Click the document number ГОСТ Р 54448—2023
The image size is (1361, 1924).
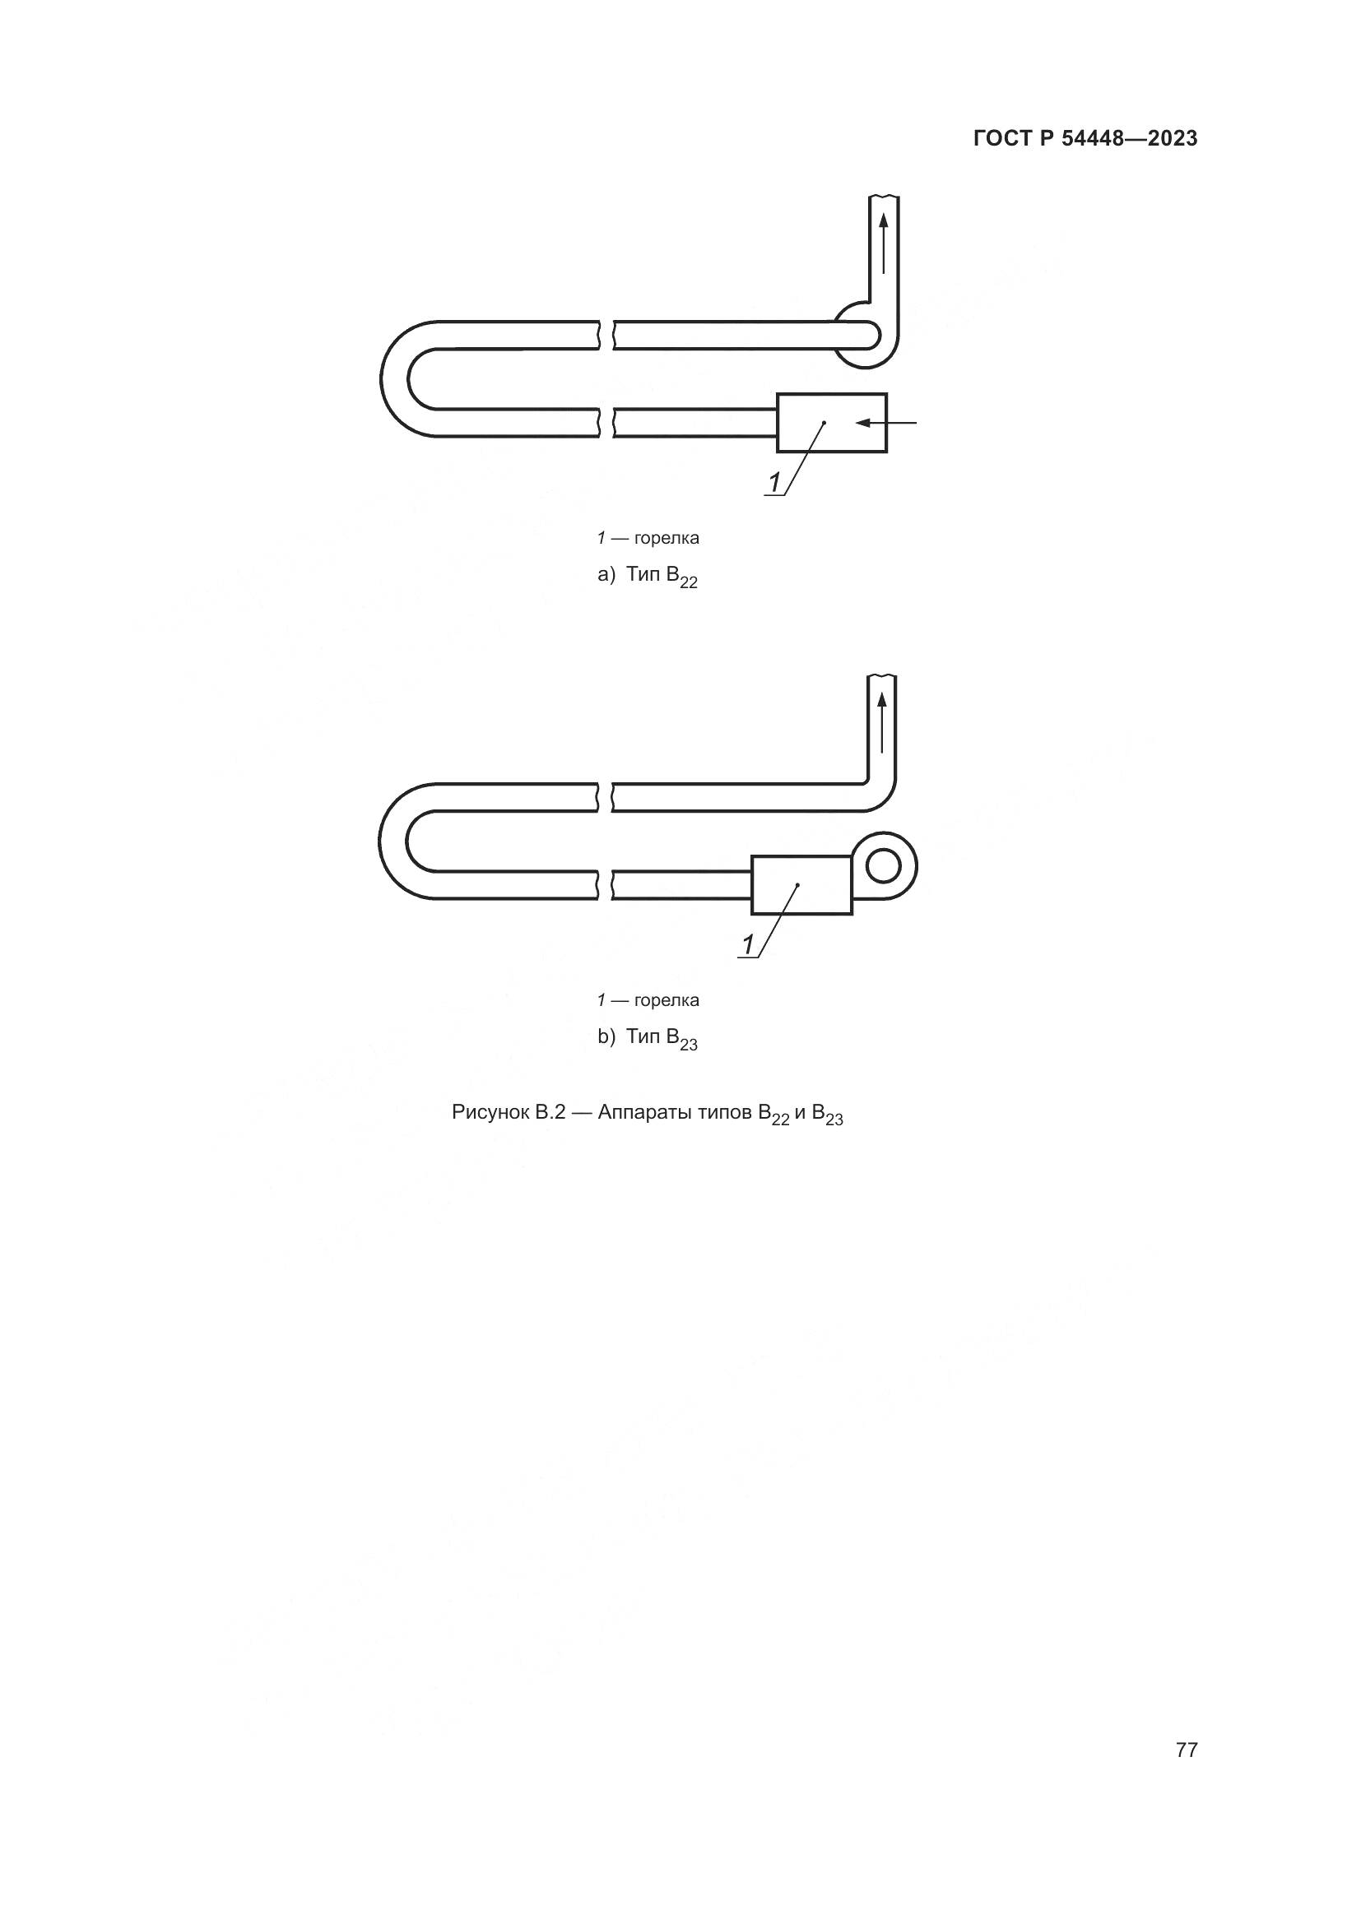[1085, 139]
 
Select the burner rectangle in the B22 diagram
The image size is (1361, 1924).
[832, 423]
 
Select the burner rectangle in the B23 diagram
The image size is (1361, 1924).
[802, 885]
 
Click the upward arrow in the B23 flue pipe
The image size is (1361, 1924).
[881, 723]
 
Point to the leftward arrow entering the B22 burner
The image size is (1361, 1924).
[886, 423]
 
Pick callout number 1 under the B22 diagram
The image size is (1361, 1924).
[774, 483]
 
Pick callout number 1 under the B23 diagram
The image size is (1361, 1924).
[748, 945]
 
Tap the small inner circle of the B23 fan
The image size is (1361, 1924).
[883, 865]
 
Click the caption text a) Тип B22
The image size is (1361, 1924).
[647, 577]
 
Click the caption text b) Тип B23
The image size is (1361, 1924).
[647, 1040]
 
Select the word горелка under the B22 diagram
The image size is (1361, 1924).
[667, 539]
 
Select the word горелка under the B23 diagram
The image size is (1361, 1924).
[667, 1001]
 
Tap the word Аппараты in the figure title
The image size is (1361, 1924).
[644, 1113]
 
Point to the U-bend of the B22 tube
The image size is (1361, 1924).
[395, 378]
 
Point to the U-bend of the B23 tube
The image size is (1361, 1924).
[393, 841]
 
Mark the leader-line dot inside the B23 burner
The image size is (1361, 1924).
[798, 885]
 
